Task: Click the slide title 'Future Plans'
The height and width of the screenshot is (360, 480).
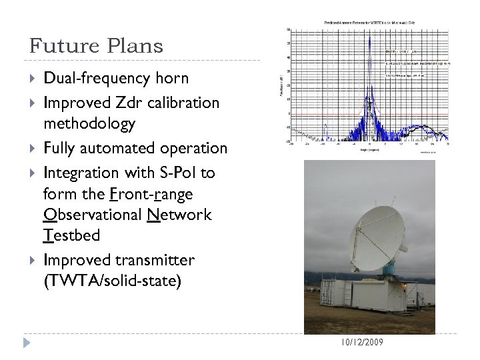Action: point(96,46)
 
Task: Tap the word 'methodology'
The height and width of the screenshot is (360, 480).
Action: point(90,123)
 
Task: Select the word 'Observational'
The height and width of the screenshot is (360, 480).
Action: point(85,215)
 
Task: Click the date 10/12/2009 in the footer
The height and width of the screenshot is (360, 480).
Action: point(362,342)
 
